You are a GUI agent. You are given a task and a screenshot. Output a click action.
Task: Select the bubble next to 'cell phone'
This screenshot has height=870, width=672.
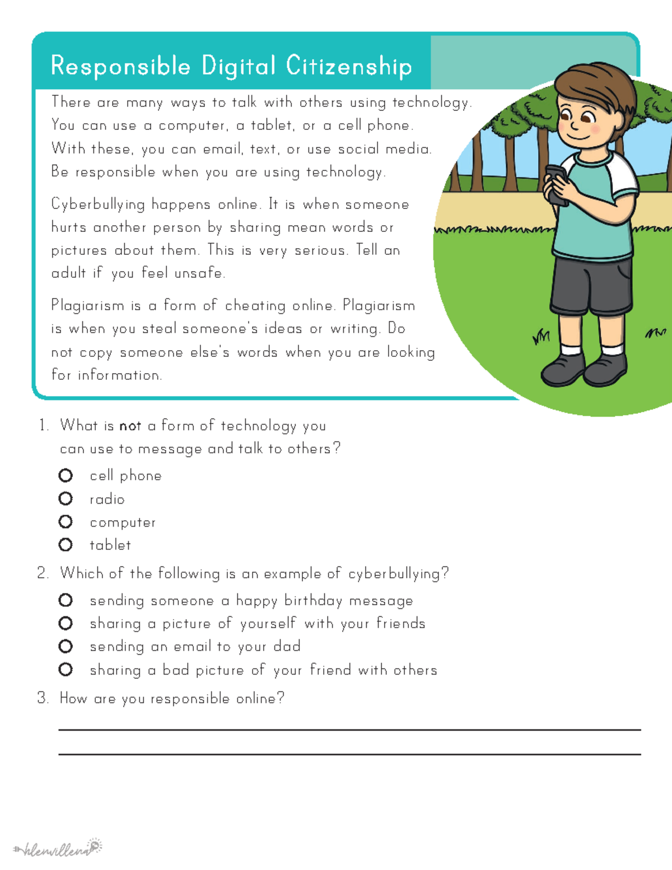click(x=66, y=476)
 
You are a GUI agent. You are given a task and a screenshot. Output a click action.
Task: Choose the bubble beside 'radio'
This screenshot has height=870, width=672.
click(x=66, y=499)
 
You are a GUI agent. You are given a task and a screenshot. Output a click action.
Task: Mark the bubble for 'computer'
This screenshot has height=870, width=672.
click(x=66, y=522)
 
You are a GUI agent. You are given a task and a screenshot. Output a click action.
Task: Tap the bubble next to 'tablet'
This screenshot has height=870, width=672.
click(x=66, y=545)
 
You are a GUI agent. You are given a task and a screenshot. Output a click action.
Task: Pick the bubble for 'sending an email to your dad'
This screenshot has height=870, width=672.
click(x=66, y=646)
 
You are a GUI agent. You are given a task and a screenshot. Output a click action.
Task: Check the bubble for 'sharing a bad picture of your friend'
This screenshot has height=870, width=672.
click(x=66, y=669)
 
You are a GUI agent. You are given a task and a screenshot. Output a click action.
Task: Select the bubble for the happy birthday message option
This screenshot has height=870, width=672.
click(x=66, y=601)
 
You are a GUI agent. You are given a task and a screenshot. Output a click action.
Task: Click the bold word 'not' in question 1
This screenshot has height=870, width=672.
click(x=130, y=426)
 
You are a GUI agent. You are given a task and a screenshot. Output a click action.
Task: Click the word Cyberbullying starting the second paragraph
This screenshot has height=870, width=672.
click(x=98, y=204)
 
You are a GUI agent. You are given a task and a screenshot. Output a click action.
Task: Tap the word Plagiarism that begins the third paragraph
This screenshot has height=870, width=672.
click(x=87, y=306)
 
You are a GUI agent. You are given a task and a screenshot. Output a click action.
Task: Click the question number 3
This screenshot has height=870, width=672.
click(x=43, y=699)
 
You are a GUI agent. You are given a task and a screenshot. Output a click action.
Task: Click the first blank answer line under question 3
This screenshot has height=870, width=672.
click(x=349, y=729)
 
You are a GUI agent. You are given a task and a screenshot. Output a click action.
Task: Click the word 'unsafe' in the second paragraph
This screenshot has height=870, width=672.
click(x=199, y=273)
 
